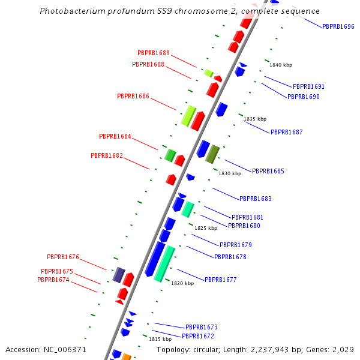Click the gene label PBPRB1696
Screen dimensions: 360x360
click(338, 26)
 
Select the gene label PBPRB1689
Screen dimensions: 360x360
click(154, 53)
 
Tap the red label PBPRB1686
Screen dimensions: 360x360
click(133, 96)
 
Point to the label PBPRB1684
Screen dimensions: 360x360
click(115, 137)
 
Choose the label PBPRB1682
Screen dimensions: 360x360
click(107, 155)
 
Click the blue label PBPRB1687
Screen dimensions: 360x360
click(287, 132)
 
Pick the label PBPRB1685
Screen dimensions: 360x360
click(268, 171)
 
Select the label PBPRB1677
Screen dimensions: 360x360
click(221, 280)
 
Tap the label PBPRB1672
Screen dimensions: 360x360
click(198, 336)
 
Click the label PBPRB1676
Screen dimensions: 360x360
click(63, 257)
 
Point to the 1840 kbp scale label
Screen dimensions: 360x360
click(281, 65)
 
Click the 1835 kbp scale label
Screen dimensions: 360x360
click(255, 119)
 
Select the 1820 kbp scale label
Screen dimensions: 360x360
click(182, 283)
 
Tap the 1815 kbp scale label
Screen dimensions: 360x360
click(160, 339)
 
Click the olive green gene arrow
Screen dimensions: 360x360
click(212, 154)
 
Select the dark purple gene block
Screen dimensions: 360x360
click(119, 275)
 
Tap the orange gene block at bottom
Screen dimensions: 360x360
click(126, 357)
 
